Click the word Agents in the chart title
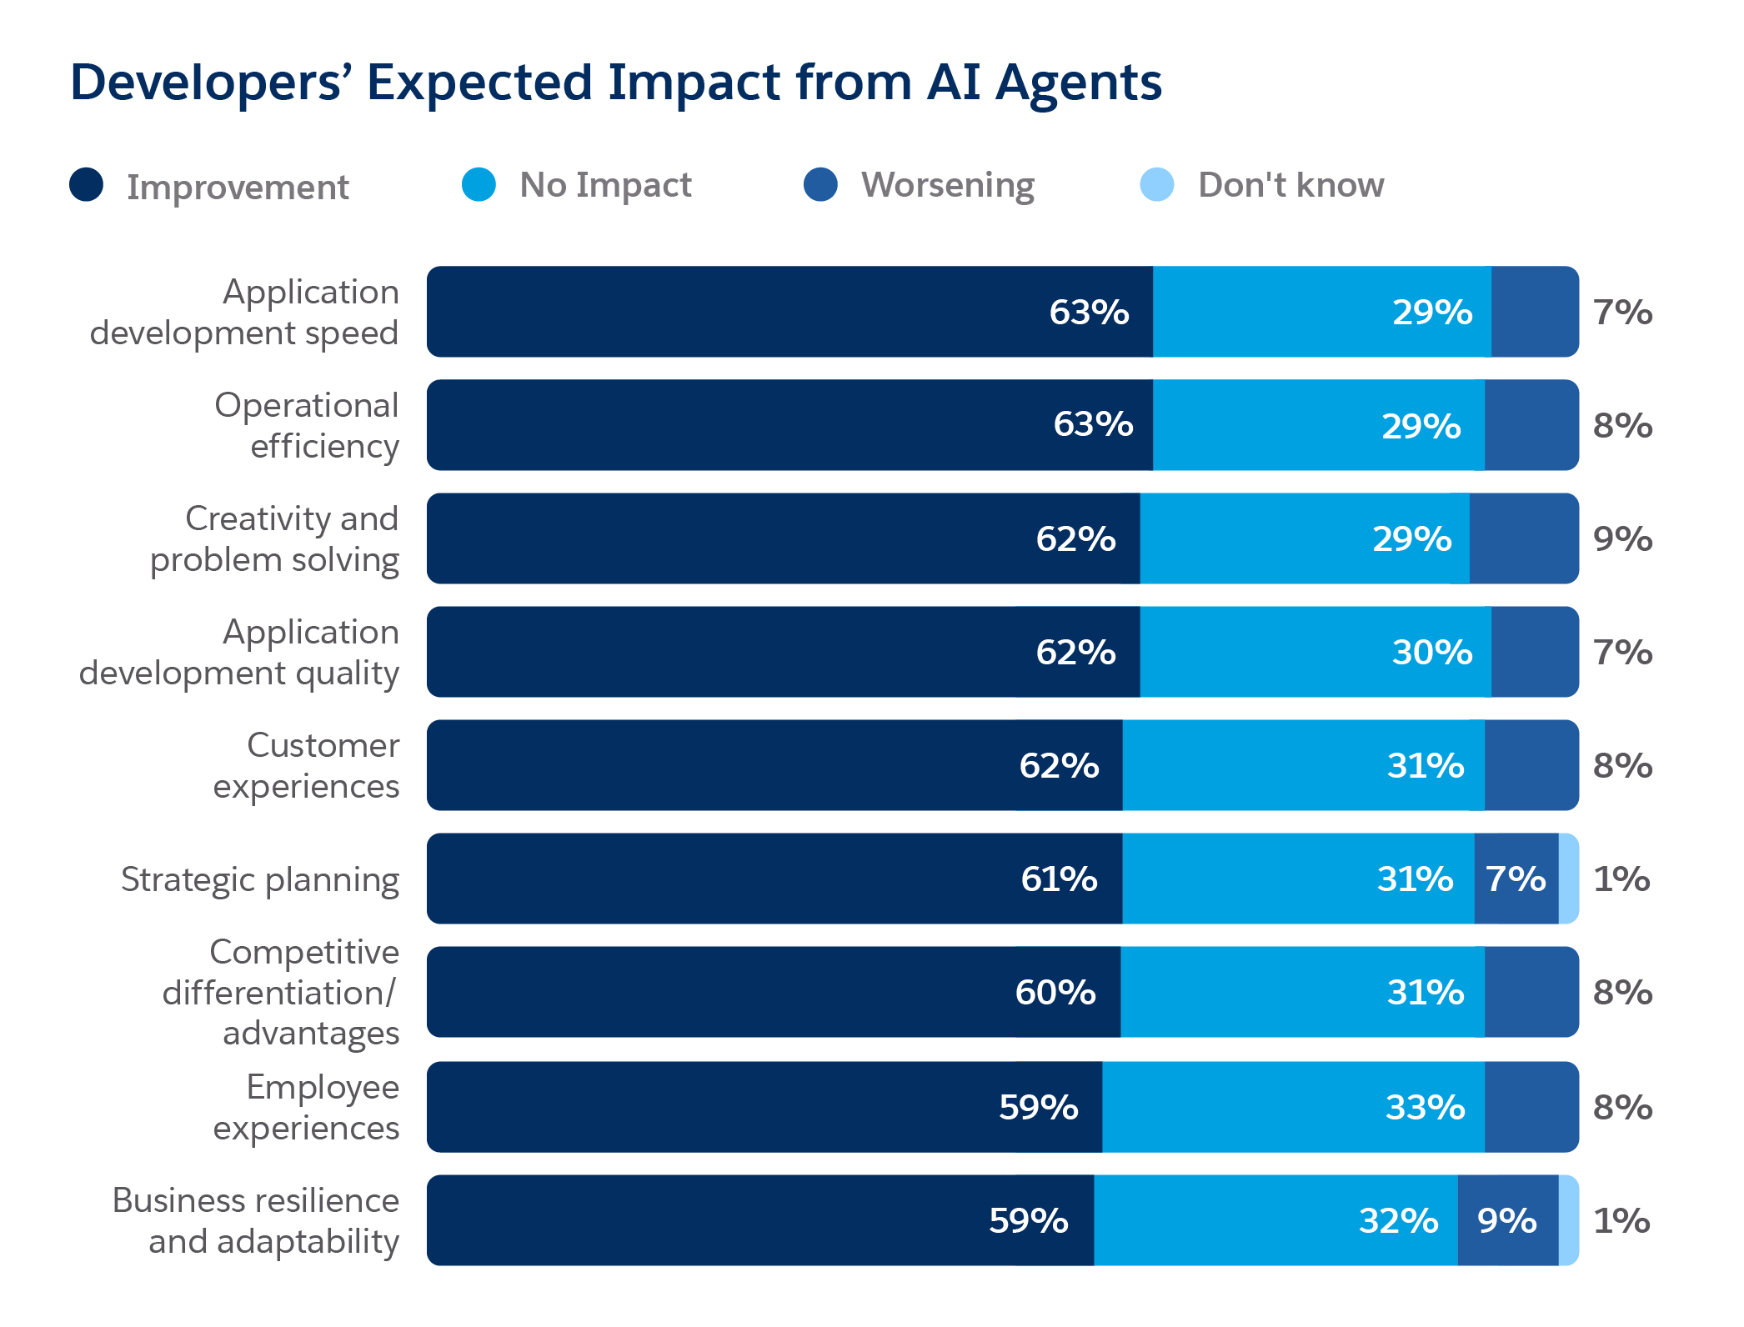(x=1079, y=84)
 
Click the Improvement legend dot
(x=87, y=184)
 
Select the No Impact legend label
(x=605, y=185)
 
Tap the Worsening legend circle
(x=820, y=184)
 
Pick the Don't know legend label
(x=1290, y=185)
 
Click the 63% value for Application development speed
(x=1089, y=313)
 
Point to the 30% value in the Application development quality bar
(x=1432, y=653)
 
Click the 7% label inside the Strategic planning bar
(x=1516, y=879)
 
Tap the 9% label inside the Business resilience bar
(x=1506, y=1221)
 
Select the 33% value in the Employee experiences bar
(x=1425, y=1108)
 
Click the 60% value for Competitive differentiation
(x=1055, y=993)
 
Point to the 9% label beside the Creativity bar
(x=1622, y=539)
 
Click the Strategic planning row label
(x=260, y=880)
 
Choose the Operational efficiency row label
(x=307, y=426)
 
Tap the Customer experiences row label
(x=307, y=766)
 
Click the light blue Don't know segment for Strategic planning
(x=1568, y=879)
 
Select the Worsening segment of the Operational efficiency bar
(x=1531, y=426)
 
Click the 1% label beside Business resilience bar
(x=1621, y=1221)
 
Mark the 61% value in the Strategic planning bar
(x=1059, y=879)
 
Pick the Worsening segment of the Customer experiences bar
(x=1531, y=766)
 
